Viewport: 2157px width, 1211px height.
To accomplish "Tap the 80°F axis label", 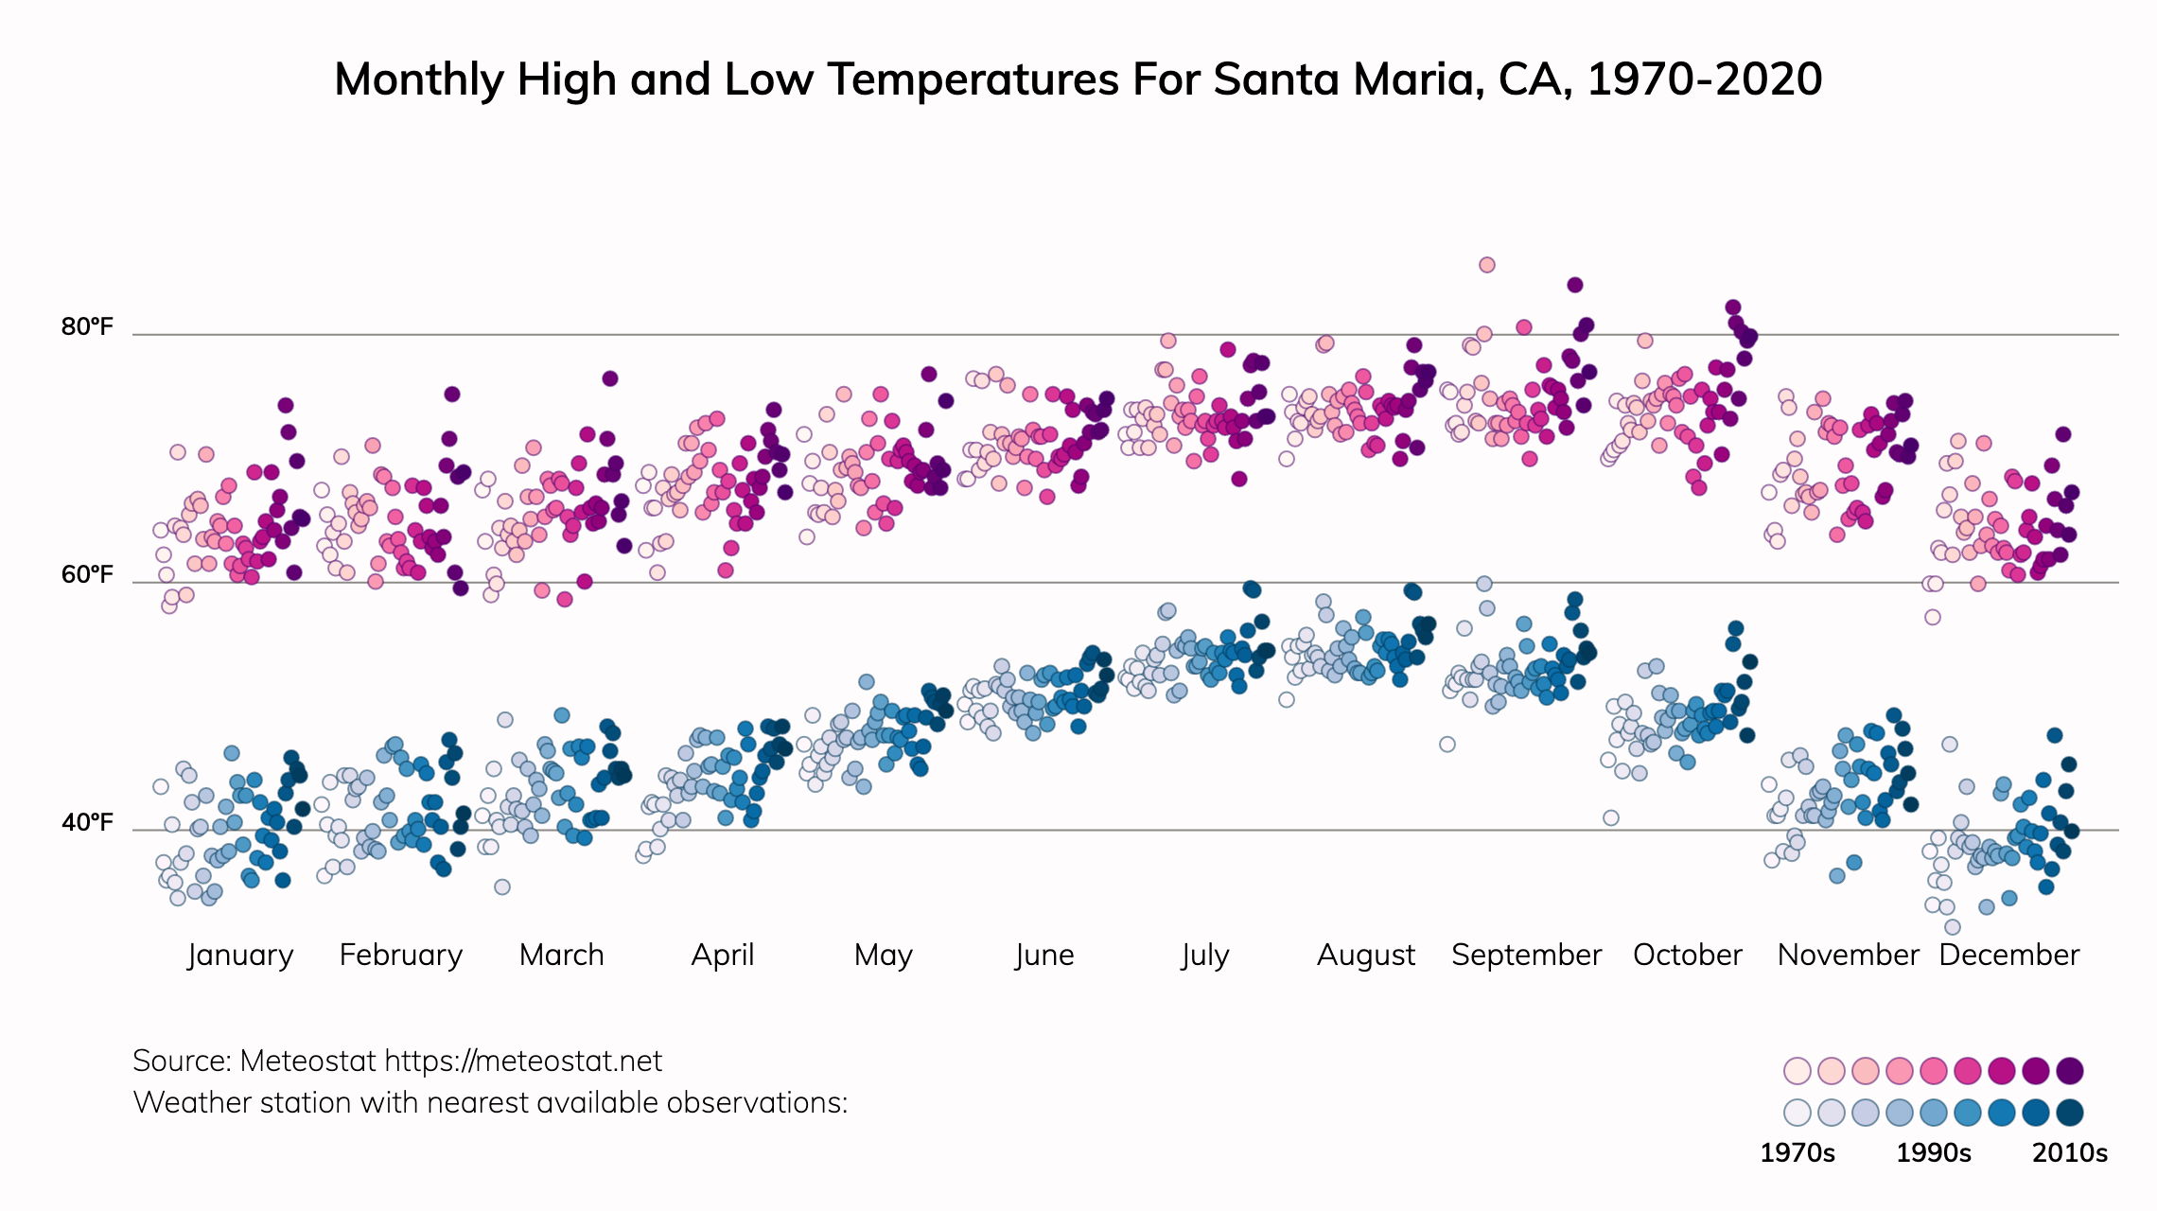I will [87, 327].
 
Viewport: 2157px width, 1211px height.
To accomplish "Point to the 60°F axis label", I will [87, 575].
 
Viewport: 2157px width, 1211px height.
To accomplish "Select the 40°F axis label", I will [87, 823].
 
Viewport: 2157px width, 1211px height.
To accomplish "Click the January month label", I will [240, 956].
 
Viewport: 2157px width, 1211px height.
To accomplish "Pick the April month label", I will [723, 956].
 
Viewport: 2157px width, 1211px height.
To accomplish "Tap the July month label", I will [1205, 956].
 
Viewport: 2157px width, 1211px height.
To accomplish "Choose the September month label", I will [1526, 956].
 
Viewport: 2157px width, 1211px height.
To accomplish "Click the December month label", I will [2008, 956].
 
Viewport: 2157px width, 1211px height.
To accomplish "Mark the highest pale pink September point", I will [1487, 265].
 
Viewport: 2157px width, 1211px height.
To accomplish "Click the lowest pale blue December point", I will [1953, 927].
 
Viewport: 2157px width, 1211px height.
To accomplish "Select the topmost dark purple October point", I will [1733, 307].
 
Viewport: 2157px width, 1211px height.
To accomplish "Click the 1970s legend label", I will [1797, 1153].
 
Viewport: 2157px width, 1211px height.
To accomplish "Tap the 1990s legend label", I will [1934, 1153].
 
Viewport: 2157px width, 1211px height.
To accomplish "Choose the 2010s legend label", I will [2070, 1153].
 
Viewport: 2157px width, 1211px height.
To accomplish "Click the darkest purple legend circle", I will [2070, 1071].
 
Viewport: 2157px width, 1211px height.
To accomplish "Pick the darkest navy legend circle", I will [2070, 1113].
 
